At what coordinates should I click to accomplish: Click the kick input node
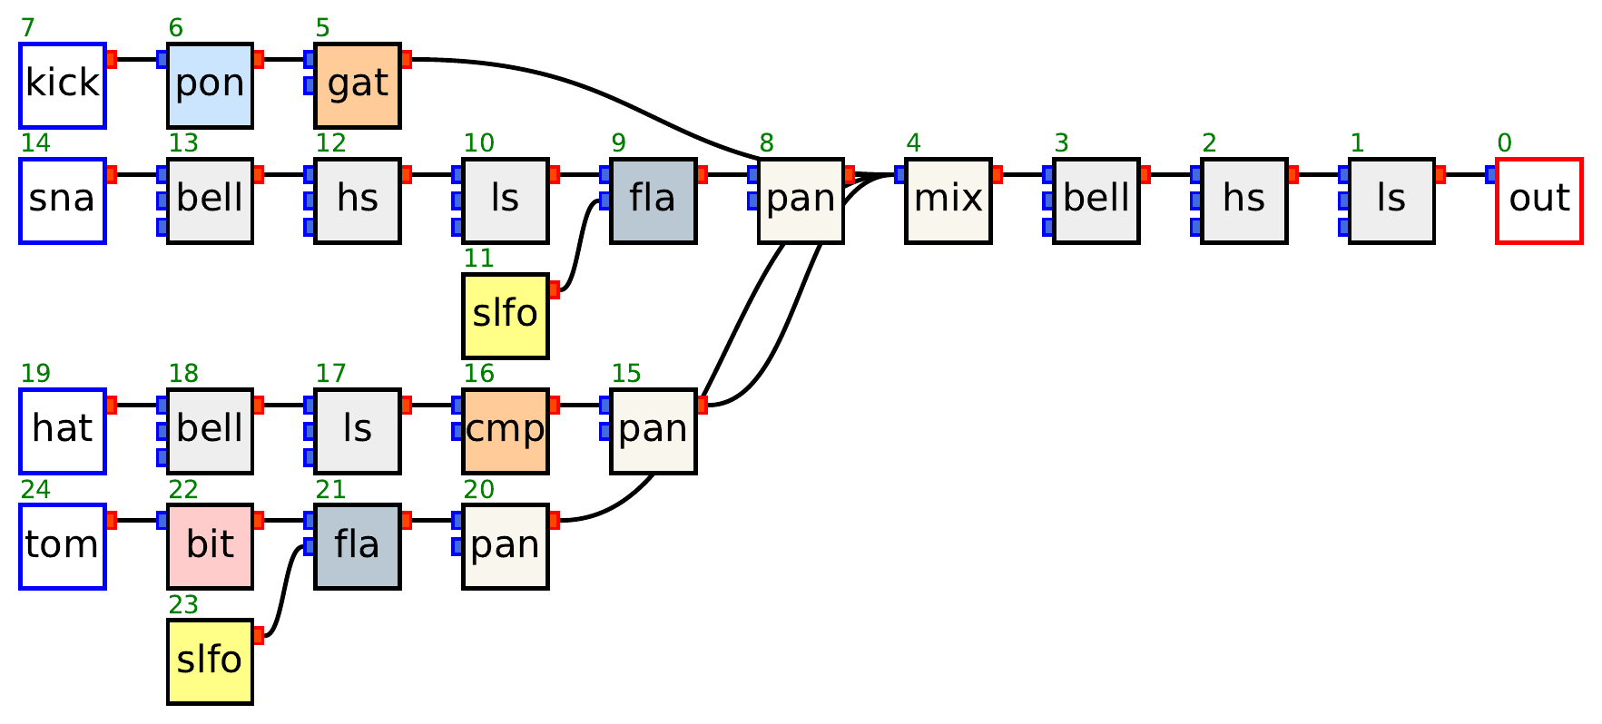tap(63, 85)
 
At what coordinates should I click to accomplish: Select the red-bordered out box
tap(1538, 201)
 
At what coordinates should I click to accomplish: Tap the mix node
tap(948, 201)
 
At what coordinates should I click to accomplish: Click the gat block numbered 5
tap(358, 85)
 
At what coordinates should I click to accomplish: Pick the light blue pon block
tap(210, 85)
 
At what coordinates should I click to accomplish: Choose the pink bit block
tap(210, 546)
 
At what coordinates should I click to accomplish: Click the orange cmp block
tap(505, 431)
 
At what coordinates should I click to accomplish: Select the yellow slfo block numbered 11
tap(505, 316)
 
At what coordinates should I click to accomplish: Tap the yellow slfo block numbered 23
tap(210, 661)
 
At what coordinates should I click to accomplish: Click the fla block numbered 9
tap(653, 201)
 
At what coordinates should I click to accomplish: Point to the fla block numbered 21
tap(358, 546)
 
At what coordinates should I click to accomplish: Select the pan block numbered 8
tap(801, 201)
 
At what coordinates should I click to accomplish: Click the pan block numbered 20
tap(505, 546)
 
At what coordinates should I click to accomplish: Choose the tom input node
tap(63, 546)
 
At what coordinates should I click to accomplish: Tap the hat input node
tap(63, 431)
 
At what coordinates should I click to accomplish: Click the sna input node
tap(63, 201)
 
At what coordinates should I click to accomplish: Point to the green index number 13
tap(183, 143)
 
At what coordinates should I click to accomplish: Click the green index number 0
tap(1504, 143)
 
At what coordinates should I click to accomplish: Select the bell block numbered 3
tap(1096, 201)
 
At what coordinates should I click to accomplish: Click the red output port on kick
tap(112, 60)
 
